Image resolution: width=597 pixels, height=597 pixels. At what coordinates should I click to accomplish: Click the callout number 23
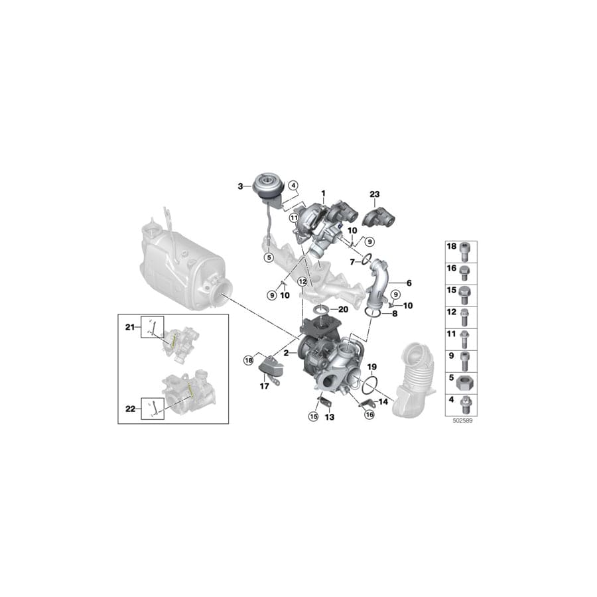coord(374,194)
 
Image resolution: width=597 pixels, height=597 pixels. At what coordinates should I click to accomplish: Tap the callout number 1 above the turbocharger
coord(324,193)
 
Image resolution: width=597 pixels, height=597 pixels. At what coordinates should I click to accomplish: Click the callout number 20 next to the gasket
coord(342,310)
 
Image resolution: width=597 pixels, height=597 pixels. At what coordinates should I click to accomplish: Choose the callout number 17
coord(264,386)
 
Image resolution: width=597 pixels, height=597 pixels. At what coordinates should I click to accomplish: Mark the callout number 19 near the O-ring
coord(371,366)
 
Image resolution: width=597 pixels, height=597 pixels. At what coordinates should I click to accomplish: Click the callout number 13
coord(329,418)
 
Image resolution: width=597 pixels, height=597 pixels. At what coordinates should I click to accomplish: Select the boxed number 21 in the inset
coord(130,327)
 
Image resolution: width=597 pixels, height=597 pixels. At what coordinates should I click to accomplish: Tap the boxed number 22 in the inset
coord(130,409)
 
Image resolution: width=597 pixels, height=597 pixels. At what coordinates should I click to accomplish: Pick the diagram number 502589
coord(460,421)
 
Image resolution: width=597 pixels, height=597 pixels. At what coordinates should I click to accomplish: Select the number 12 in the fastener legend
coord(451,311)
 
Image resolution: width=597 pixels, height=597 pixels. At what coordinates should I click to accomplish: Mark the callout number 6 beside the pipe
coord(409,283)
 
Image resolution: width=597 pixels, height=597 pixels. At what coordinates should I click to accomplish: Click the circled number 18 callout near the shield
coord(248,360)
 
